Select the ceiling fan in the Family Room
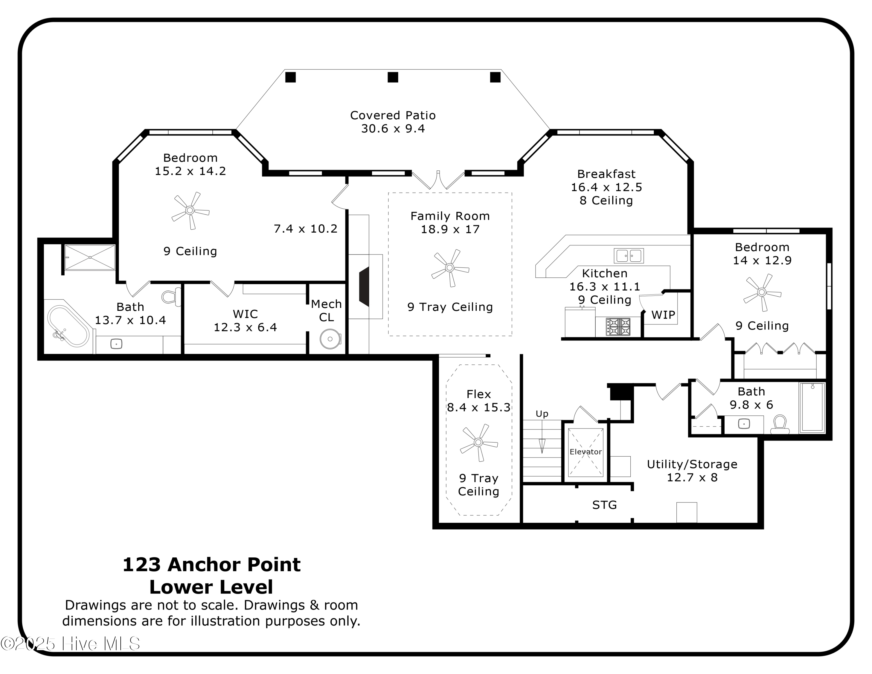pos(450,268)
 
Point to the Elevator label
pos(585,452)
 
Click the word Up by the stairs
pos(542,414)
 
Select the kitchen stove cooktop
pos(618,326)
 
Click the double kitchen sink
pos(628,256)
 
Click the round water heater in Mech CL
pos(330,339)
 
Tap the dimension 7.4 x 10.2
pos(305,229)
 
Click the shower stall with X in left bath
pos(90,258)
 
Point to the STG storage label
pos(604,505)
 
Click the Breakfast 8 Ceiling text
pos(606,200)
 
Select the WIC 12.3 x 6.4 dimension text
pos(245,327)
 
